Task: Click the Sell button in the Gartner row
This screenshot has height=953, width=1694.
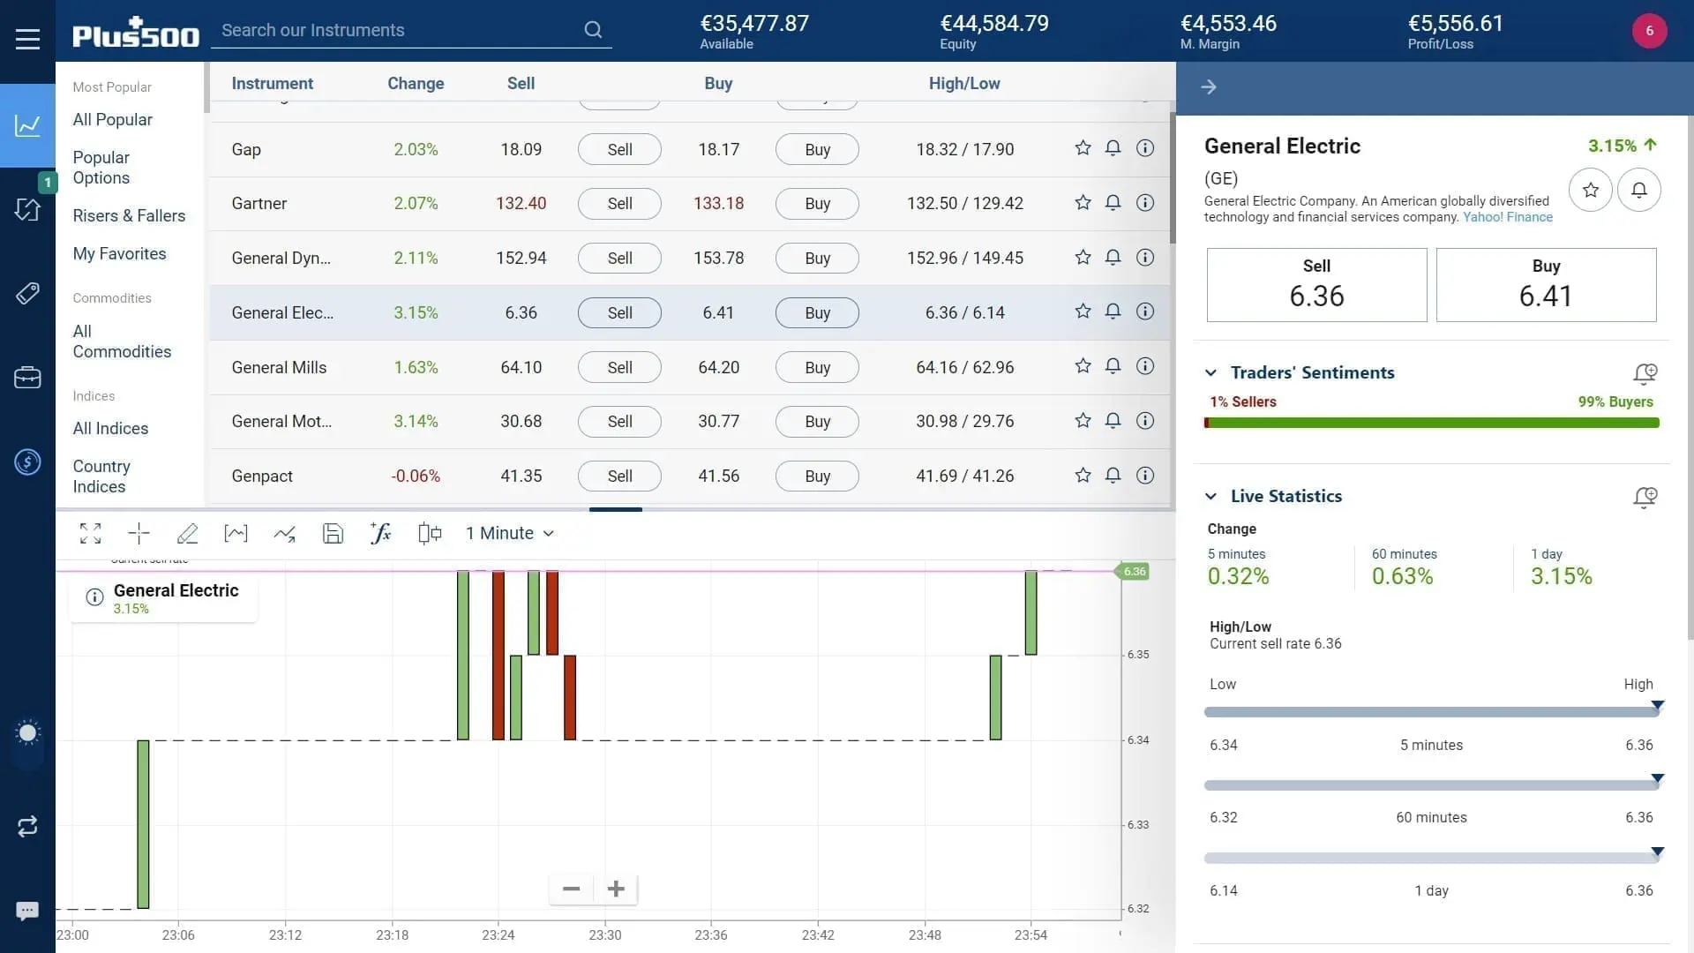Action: (619, 204)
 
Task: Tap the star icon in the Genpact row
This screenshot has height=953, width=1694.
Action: (1083, 476)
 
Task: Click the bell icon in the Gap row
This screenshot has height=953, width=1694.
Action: (1113, 148)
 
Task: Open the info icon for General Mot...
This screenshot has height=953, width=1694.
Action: (1144, 421)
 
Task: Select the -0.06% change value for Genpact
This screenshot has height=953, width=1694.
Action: (416, 476)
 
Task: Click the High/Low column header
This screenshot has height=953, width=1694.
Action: (963, 84)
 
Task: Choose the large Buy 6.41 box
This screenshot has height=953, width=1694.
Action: (1546, 285)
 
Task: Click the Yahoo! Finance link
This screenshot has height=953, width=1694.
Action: (1507, 217)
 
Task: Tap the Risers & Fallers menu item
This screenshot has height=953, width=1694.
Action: (129, 216)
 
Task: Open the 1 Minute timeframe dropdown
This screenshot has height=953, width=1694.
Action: (510, 534)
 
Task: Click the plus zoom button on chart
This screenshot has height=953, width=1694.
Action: (616, 889)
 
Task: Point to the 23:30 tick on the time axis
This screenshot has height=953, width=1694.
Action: (605, 934)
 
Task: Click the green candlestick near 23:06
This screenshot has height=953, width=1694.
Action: (143, 823)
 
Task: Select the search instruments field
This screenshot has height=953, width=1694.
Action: (401, 31)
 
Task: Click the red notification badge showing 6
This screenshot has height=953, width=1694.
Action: (1648, 31)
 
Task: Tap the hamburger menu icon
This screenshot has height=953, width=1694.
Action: (27, 39)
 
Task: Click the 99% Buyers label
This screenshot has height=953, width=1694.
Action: (1615, 402)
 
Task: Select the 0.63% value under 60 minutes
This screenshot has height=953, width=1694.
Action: (1402, 577)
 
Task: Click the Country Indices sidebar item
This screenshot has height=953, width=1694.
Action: (101, 476)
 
